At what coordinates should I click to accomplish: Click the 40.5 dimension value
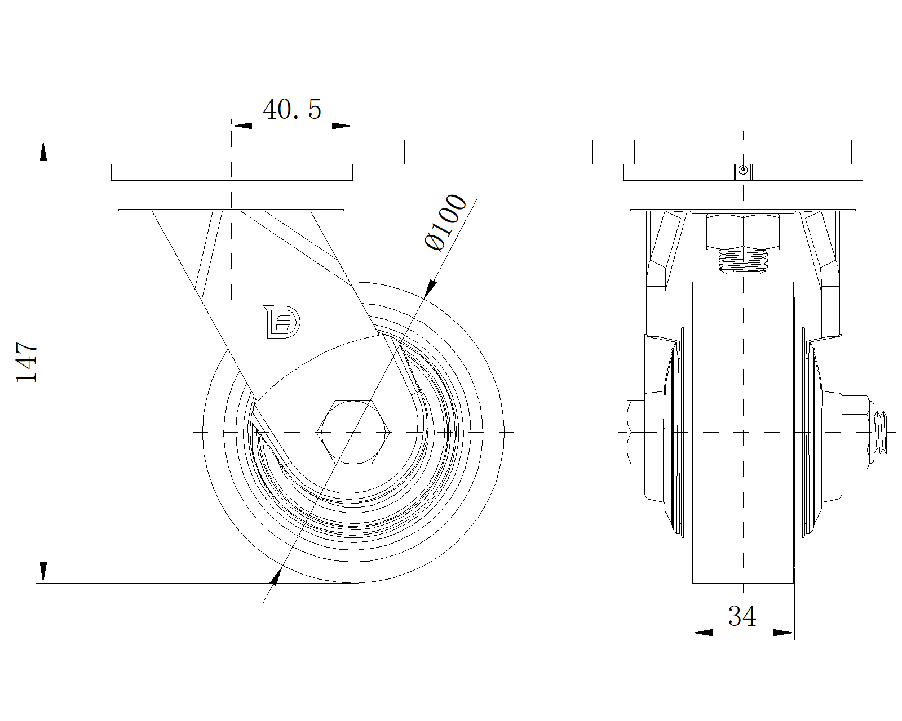292,109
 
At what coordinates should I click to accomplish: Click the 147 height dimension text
27,362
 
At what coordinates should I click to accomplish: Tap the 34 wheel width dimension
742,616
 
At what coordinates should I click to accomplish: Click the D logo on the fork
282,322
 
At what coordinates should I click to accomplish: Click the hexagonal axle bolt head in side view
353,432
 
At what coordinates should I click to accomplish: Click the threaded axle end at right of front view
881,433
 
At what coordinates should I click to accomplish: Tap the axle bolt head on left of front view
636,432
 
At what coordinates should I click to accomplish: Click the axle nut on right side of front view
855,432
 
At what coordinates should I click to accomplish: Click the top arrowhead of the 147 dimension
43,150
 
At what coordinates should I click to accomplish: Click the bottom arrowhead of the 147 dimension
43,573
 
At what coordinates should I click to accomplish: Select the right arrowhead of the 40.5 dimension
342,125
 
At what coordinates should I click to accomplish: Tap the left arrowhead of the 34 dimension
702,633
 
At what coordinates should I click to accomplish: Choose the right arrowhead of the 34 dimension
784,633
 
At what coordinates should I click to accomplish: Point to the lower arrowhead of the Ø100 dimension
276,577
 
